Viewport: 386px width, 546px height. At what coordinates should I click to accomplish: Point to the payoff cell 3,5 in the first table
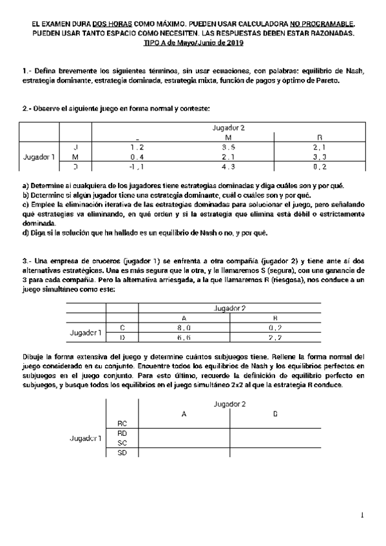228,147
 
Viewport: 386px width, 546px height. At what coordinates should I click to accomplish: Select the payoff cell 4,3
228,167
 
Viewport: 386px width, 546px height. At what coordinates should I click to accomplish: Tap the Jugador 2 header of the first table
228,127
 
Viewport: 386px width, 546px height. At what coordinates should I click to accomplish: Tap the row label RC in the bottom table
122,423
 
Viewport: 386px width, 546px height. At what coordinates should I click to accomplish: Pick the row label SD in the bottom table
122,453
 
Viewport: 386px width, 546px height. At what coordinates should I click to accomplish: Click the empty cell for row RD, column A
184,433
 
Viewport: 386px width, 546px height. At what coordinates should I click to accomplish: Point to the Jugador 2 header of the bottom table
229,404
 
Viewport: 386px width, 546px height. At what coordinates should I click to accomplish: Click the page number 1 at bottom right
362,514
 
